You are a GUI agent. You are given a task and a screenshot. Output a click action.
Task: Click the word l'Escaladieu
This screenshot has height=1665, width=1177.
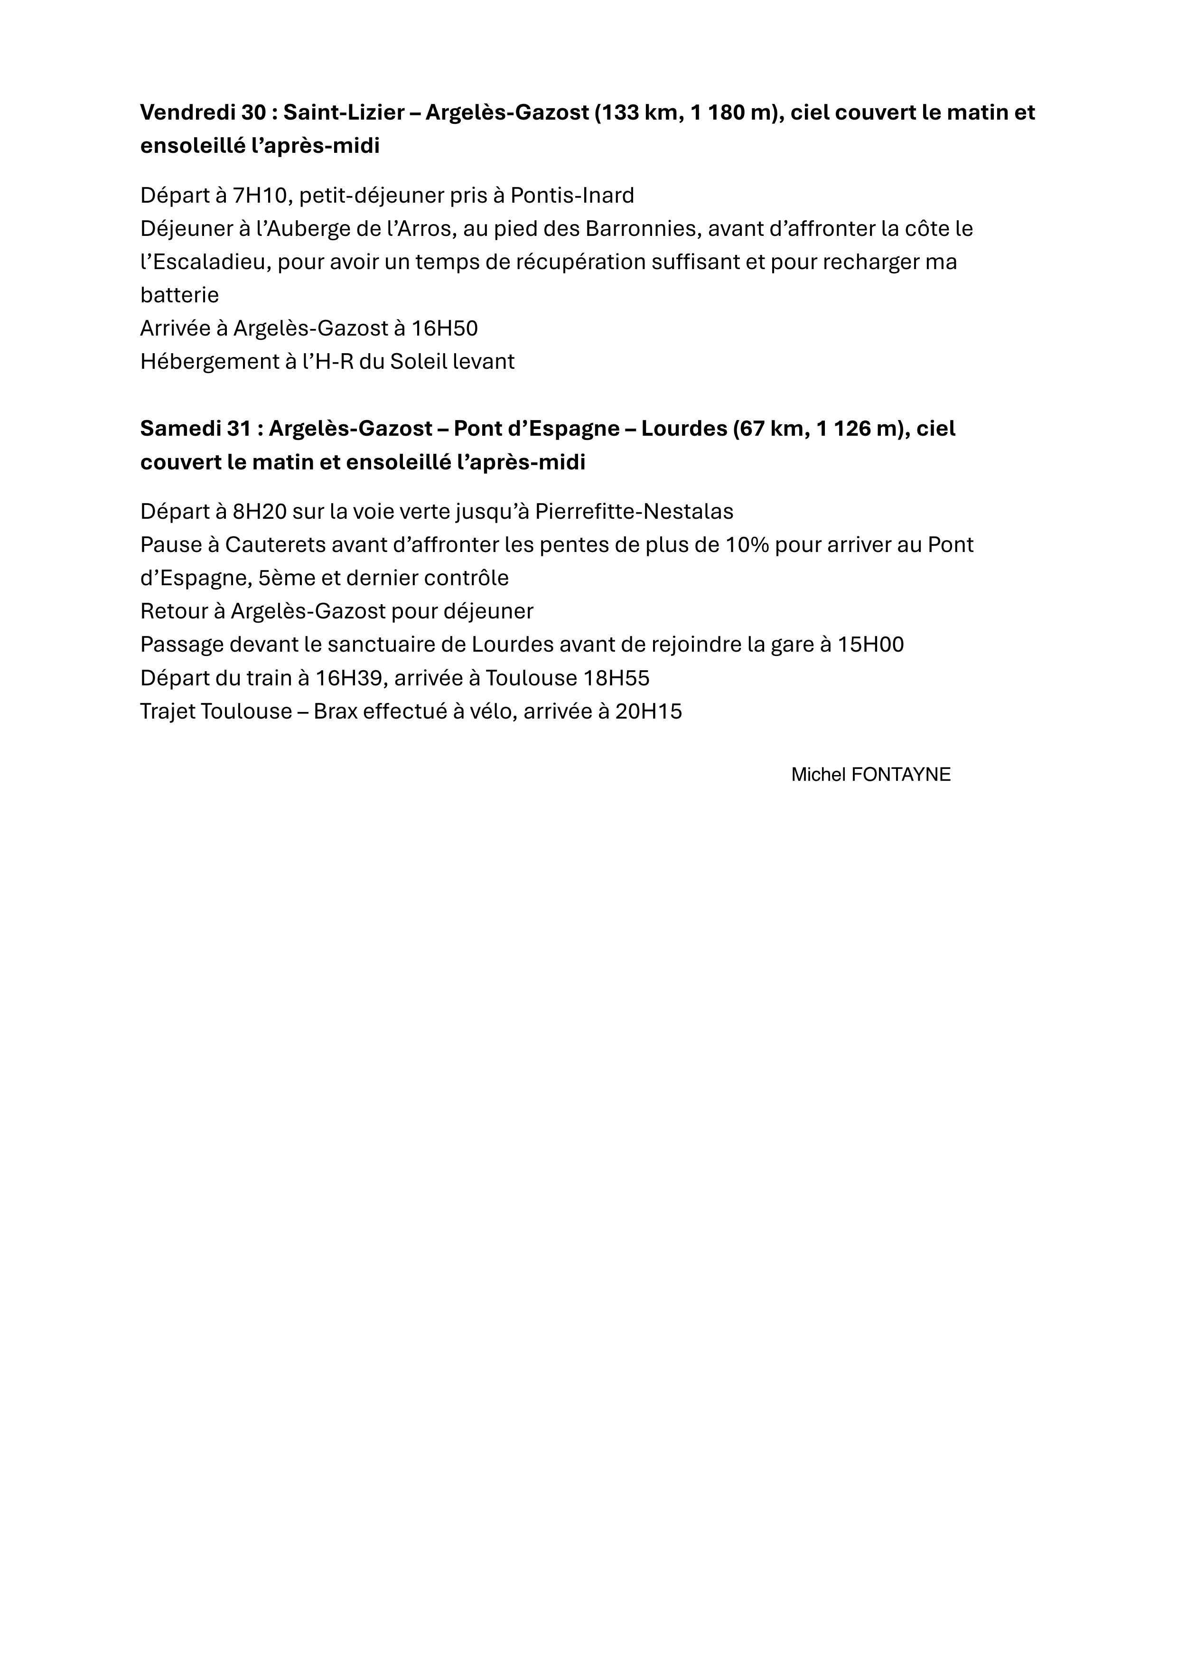203,262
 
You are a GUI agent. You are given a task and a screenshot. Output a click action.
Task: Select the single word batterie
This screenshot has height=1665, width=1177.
179,295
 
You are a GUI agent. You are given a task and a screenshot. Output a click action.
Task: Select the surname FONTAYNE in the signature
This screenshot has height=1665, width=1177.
901,775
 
